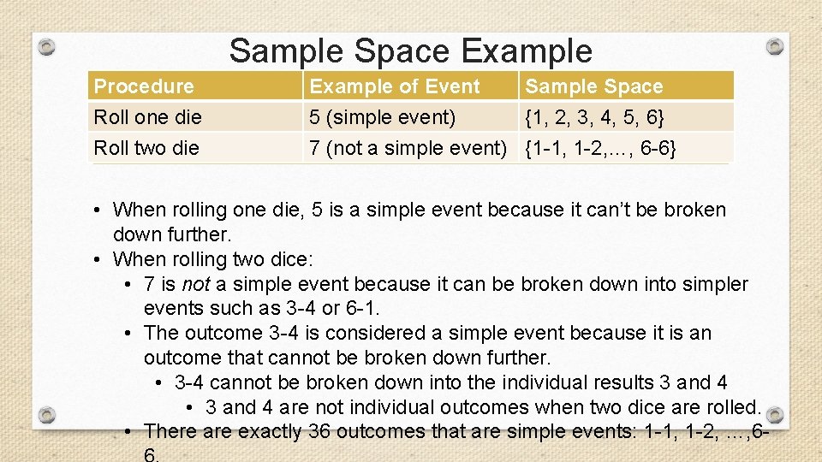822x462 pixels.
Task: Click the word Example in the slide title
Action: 526,51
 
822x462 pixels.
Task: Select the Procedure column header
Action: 144,86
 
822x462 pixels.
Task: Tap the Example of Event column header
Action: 395,86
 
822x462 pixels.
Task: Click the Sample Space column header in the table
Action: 594,86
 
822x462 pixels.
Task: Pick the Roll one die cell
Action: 146,116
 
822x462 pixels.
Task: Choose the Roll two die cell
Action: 146,148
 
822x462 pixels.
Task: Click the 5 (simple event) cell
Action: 382,116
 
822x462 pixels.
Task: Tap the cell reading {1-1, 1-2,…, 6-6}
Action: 602,149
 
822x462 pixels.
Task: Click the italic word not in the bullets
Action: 195,284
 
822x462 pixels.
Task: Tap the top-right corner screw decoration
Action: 774,45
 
